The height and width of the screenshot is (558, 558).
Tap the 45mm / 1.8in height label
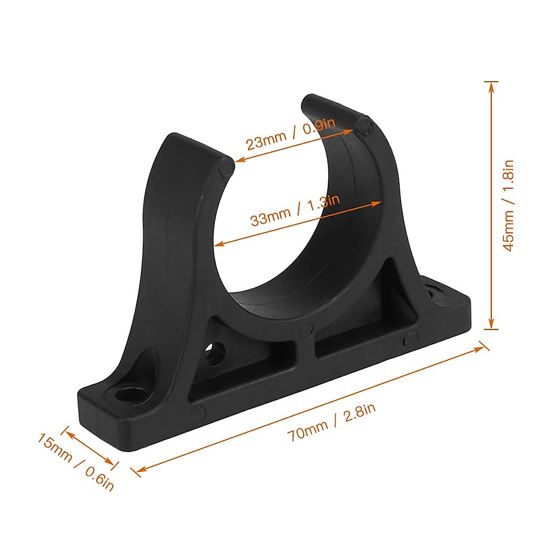(x=509, y=205)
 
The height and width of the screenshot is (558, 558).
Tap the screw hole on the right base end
(x=437, y=293)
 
